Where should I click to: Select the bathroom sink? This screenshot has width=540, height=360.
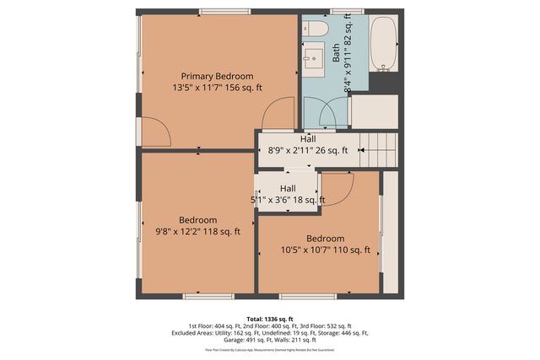(313, 58)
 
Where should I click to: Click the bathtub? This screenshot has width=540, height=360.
(384, 45)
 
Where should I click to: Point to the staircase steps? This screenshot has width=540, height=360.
(379, 149)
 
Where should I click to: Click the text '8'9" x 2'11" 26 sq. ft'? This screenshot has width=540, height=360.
(308, 151)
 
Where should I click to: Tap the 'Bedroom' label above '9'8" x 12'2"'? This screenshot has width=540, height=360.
(197, 219)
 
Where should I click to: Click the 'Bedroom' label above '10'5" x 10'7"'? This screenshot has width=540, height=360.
(326, 238)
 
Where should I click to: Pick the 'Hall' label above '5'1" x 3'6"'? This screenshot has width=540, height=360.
(288, 188)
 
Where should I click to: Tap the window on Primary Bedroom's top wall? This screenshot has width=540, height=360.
(224, 12)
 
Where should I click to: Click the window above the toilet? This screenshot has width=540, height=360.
(341, 12)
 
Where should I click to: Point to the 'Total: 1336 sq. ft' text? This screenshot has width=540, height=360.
(269, 319)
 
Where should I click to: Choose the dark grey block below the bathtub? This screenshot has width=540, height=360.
(384, 83)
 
